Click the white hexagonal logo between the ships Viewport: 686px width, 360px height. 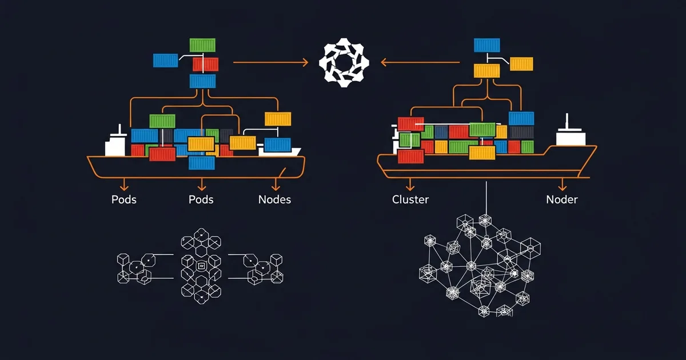tap(344, 63)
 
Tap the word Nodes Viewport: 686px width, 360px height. tap(274, 199)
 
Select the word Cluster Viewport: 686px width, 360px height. tap(410, 199)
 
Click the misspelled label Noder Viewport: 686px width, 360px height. tap(561, 199)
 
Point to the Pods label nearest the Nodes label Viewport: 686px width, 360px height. tap(201, 199)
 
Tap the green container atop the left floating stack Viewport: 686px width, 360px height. tap(202, 45)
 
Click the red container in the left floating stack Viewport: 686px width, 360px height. tap(205, 64)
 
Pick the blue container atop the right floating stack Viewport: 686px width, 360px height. tap(487, 45)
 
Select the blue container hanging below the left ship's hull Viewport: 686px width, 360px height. tap(202, 163)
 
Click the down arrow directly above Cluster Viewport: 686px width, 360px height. tap(410, 185)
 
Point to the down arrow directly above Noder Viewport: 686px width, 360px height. tap(562, 185)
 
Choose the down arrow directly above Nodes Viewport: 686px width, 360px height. tap(276, 185)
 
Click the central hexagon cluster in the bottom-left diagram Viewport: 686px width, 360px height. tap(201, 266)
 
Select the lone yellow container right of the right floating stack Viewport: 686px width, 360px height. tap(521, 63)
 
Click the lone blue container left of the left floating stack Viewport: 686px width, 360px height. tap(166, 61)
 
